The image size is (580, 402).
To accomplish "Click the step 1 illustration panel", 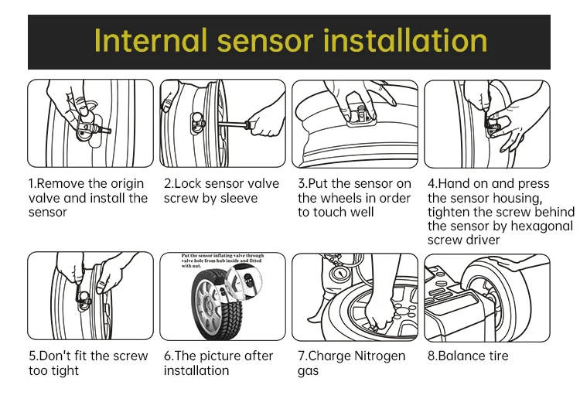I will point(90,124).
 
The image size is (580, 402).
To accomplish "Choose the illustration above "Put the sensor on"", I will point(354,124).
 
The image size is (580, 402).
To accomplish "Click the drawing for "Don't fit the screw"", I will point(90,296).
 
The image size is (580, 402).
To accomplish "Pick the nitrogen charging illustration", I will point(354,296).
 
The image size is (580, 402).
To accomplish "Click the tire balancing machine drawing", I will point(487,296).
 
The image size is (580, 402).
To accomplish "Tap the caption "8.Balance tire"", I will point(468,356).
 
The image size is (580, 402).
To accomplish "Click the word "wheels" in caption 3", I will point(342,198).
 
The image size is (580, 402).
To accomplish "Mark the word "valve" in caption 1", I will point(44,198).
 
